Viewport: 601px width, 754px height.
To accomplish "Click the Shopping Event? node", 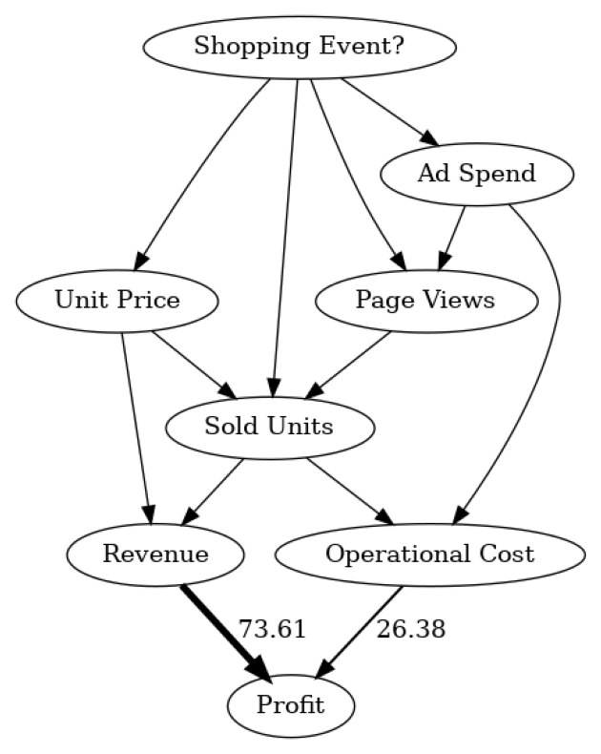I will click(x=299, y=46).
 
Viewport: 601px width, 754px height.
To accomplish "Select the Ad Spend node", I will click(x=476, y=174).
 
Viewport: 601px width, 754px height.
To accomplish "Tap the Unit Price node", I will click(x=117, y=301).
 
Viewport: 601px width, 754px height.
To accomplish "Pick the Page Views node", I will click(x=425, y=301).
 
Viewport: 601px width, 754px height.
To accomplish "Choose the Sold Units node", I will click(x=269, y=427).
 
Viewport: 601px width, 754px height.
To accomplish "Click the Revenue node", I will click(x=155, y=554).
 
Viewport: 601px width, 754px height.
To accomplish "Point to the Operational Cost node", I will click(x=429, y=554).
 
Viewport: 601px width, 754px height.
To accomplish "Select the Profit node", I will click(x=290, y=706).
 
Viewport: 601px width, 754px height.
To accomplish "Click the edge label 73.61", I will click(x=272, y=629).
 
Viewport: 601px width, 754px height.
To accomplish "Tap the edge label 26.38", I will click(x=410, y=629).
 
